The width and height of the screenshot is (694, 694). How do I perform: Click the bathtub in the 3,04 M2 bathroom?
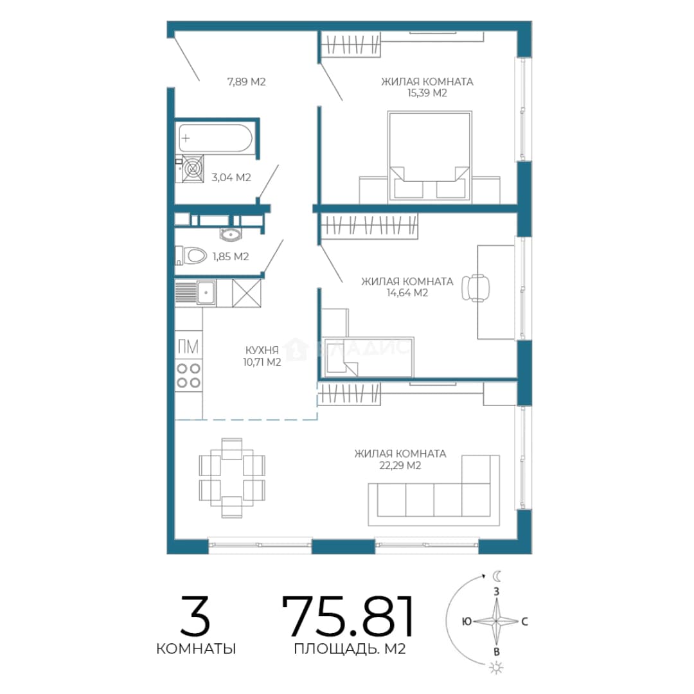(215, 138)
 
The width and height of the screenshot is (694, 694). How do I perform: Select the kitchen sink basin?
(206, 292)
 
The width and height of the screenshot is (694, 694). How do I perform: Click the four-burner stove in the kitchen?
(188, 375)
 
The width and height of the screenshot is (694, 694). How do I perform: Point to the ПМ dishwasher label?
(188, 346)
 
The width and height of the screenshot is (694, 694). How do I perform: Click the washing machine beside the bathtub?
(193, 168)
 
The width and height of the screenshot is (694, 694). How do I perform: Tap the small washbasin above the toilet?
(230, 234)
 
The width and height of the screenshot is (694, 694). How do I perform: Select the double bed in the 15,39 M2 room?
(429, 157)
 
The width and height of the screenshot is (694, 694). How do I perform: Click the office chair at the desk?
(476, 288)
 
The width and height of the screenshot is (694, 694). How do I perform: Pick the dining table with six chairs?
(232, 477)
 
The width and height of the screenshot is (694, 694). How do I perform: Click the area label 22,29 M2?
(400, 465)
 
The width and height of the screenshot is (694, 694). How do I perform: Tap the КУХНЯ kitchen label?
(262, 350)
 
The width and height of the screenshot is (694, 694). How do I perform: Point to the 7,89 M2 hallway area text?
(247, 82)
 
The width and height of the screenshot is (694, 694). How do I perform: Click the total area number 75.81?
(348, 615)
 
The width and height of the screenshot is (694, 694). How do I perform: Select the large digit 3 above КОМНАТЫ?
(195, 616)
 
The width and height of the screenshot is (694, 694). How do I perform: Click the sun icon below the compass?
(496, 667)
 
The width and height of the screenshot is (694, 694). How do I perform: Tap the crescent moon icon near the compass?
(497, 576)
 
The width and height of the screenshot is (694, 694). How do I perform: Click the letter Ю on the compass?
(467, 621)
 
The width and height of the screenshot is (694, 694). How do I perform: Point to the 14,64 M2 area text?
(407, 292)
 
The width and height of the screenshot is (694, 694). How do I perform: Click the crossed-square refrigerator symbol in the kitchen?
(247, 293)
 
